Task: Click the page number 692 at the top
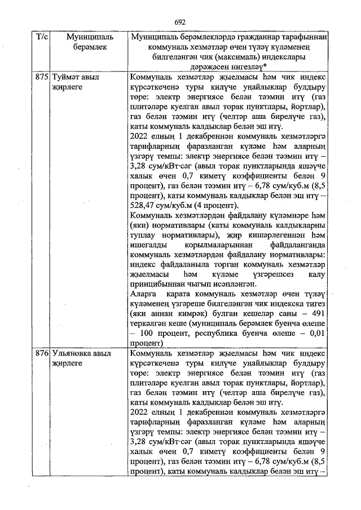pyautogui.click(x=180, y=22)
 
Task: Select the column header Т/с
pyautogui.click(x=42, y=37)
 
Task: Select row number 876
pyautogui.click(x=42, y=354)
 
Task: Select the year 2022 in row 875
pyautogui.click(x=139, y=137)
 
